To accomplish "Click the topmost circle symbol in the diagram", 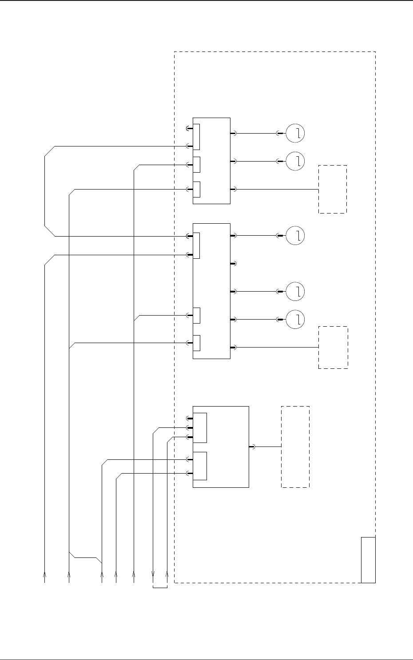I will click(x=295, y=133).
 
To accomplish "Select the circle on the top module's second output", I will click(x=295, y=161).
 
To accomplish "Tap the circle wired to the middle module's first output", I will click(x=295, y=235).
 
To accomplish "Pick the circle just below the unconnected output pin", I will click(x=295, y=291).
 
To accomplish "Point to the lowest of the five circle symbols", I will click(x=295, y=319).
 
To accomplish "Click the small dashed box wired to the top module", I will click(x=332, y=190).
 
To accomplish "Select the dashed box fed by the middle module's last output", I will click(x=333, y=348).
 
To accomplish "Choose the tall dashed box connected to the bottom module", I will click(x=295, y=447).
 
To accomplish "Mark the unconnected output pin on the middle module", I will click(x=234, y=264).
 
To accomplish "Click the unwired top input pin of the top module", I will click(x=189, y=129).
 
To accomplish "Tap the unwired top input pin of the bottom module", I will click(x=189, y=418).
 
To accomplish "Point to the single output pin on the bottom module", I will click(x=251, y=447).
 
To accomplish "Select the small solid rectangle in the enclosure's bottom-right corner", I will click(x=368, y=560).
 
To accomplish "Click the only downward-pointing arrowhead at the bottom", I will click(x=153, y=573).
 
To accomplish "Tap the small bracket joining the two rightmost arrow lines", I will click(x=160, y=588).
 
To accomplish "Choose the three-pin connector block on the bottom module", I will click(x=200, y=427).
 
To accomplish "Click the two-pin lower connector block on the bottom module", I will click(x=200, y=466).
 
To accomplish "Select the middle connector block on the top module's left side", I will click(x=196, y=165).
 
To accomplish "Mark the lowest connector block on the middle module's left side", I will click(x=196, y=343).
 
